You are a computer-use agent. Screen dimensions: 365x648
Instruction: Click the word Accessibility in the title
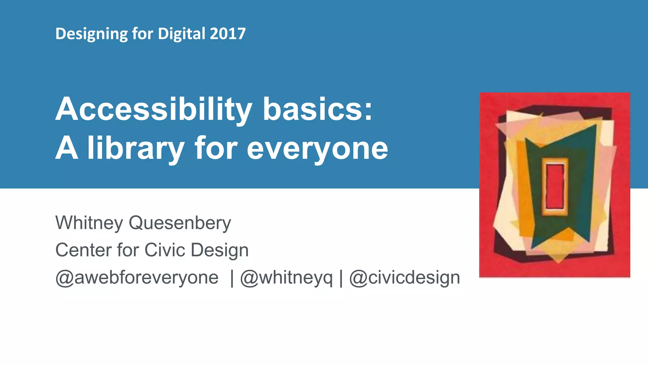154,110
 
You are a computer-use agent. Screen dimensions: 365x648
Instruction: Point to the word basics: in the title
318,109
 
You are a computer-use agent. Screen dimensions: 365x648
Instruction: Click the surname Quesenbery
180,223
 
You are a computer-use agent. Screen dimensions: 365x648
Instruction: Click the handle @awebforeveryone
137,278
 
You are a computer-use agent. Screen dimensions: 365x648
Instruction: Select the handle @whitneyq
286,278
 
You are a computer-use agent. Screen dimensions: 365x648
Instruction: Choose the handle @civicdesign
404,278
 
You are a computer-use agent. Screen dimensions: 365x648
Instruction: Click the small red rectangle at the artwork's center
555,186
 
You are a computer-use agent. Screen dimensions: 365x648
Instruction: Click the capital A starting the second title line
67,148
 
